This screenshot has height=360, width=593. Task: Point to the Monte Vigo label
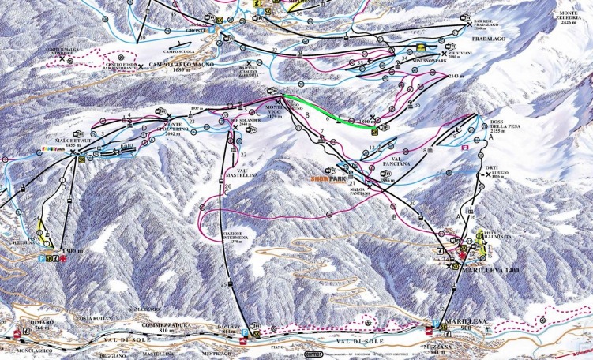point(273,113)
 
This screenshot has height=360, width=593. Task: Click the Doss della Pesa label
point(490,130)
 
